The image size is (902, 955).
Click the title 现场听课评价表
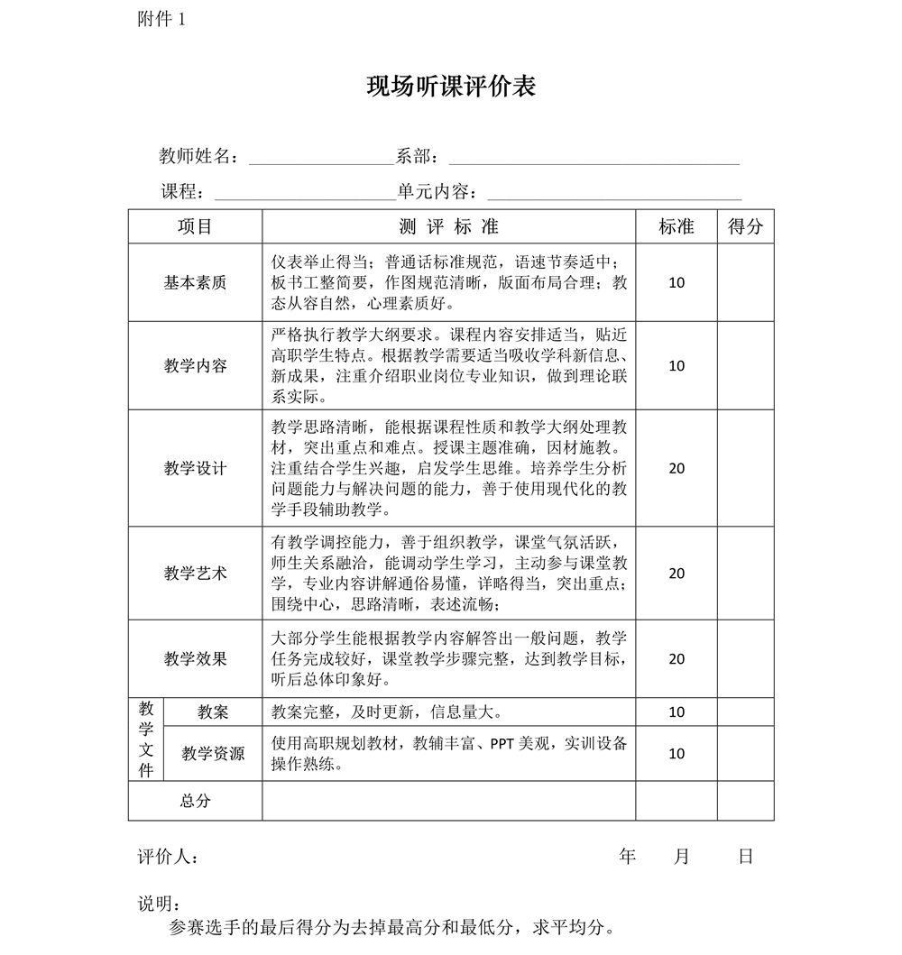(451, 87)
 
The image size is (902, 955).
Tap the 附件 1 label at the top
(161, 19)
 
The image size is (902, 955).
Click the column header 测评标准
(448, 226)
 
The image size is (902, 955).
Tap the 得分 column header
(745, 226)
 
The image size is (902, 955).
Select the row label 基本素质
(195, 282)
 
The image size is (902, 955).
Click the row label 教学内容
(195, 366)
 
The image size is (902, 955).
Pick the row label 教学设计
(195, 468)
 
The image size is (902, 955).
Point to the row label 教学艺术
(195, 573)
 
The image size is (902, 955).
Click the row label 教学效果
(195, 658)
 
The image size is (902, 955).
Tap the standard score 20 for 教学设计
(676, 468)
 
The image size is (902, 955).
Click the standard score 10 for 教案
(676, 712)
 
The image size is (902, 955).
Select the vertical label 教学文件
(146, 739)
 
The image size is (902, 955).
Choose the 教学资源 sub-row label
(213, 753)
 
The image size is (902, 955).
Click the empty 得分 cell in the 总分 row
(745, 800)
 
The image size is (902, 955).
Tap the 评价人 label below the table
(167, 857)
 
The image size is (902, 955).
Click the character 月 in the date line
(682, 857)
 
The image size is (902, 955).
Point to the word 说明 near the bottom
(157, 904)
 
